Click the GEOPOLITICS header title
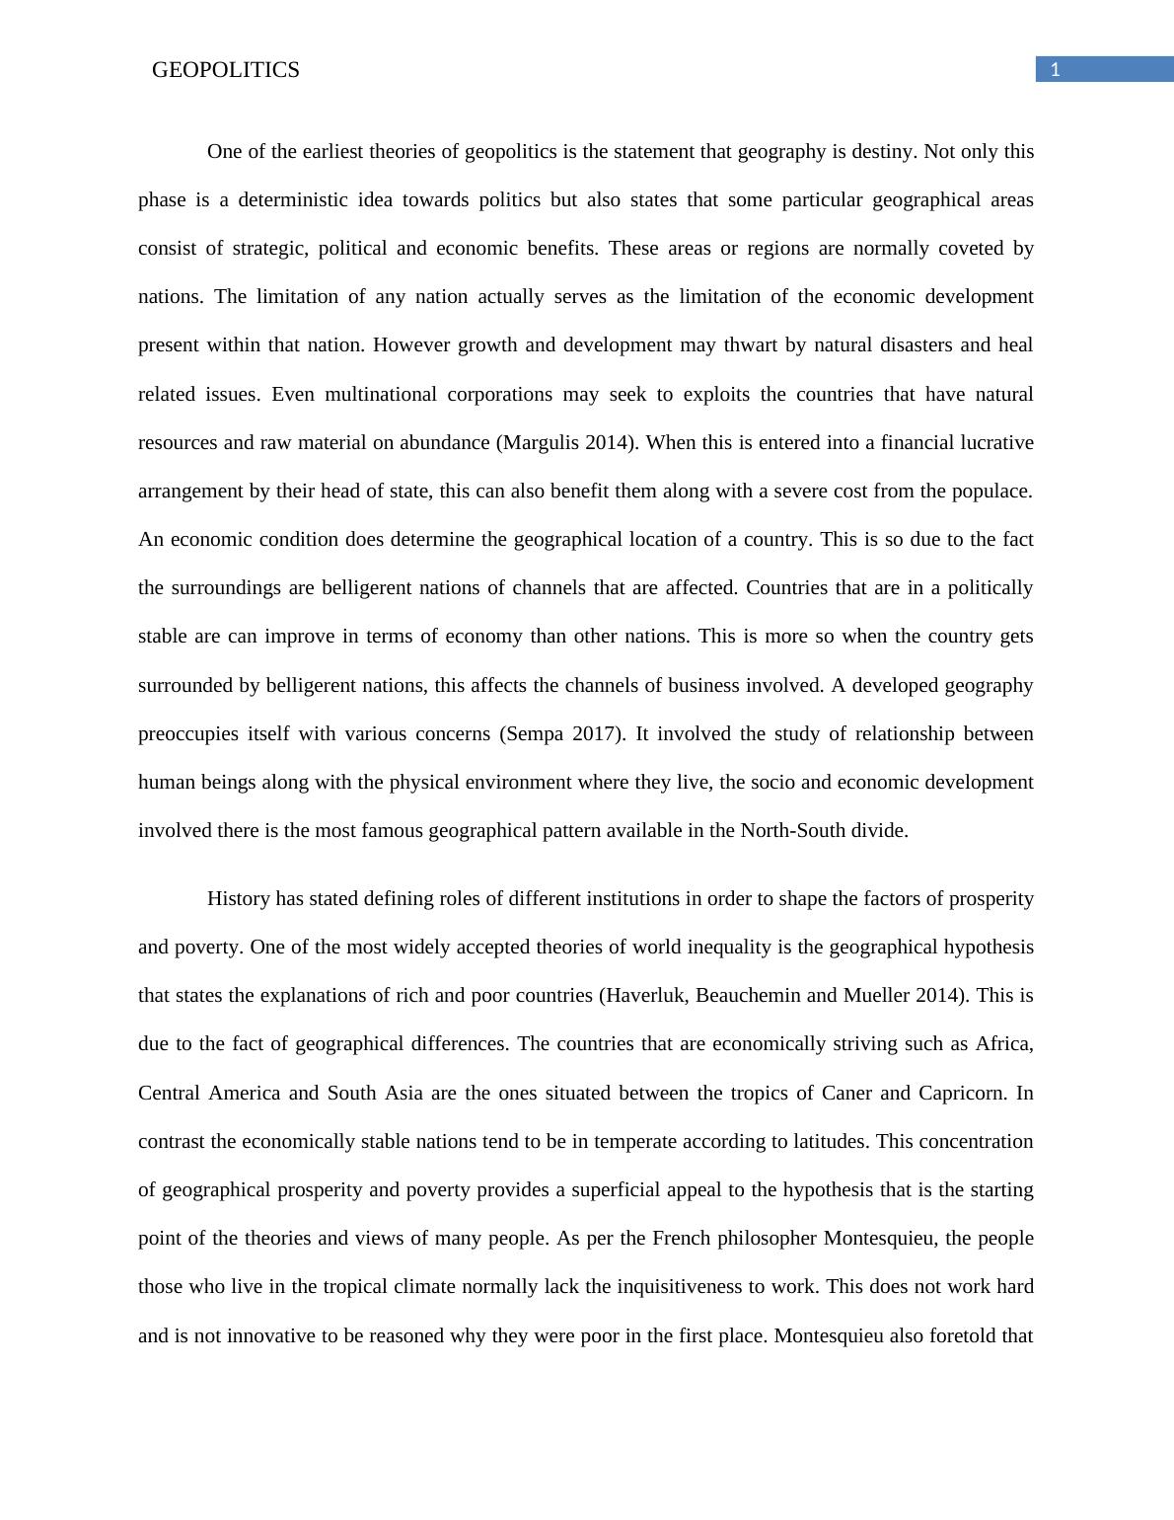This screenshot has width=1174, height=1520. tap(225, 70)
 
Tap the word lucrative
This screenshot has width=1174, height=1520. tap(996, 443)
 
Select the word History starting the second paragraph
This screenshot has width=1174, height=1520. tap(238, 899)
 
